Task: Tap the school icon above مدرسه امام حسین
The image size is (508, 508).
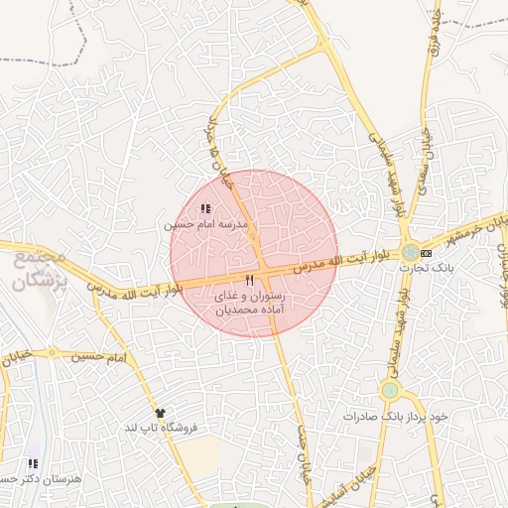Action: pos(205,209)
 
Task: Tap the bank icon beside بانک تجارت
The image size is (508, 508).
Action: pos(426,254)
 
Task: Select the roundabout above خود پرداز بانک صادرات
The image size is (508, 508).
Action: pos(390,390)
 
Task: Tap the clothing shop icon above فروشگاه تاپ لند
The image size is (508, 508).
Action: pos(160,411)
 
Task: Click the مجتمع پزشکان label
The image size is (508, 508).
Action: pos(41,269)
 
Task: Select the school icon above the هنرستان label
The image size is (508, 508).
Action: pos(34,463)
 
